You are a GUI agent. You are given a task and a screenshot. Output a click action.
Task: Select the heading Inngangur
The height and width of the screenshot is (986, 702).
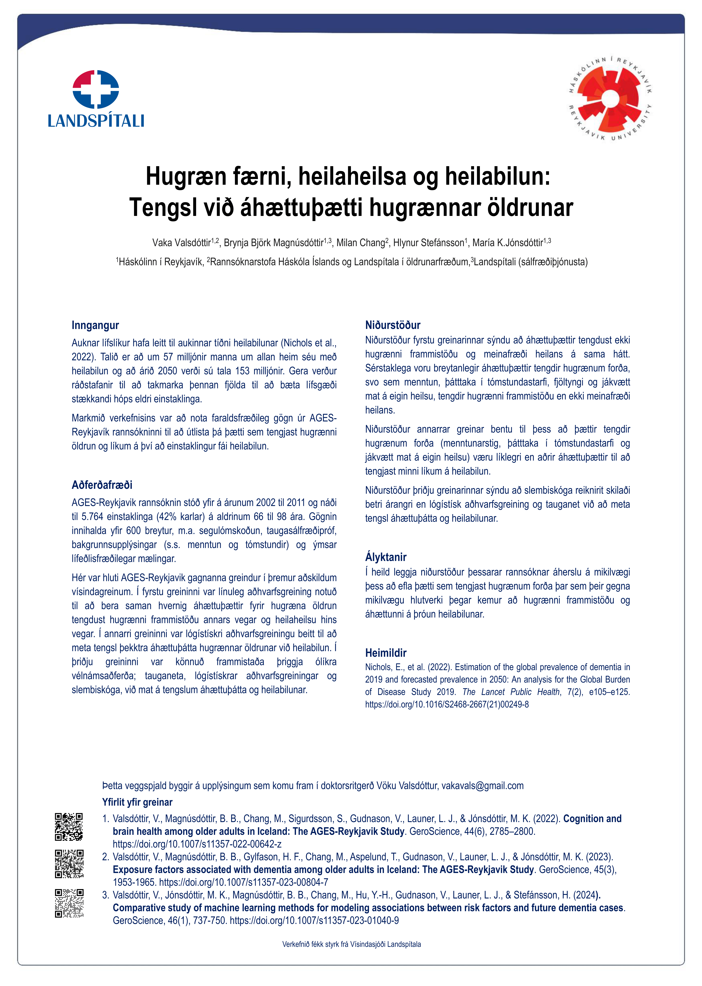pos(95,325)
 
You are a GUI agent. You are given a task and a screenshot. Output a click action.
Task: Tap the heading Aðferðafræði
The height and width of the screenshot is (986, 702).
pos(102,485)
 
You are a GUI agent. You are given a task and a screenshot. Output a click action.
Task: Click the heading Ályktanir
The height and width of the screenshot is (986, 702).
pos(386,557)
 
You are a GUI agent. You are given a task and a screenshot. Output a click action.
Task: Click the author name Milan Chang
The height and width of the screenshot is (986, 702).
pos(360,243)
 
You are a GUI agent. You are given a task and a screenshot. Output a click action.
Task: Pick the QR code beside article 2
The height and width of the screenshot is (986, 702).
pos(69,864)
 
